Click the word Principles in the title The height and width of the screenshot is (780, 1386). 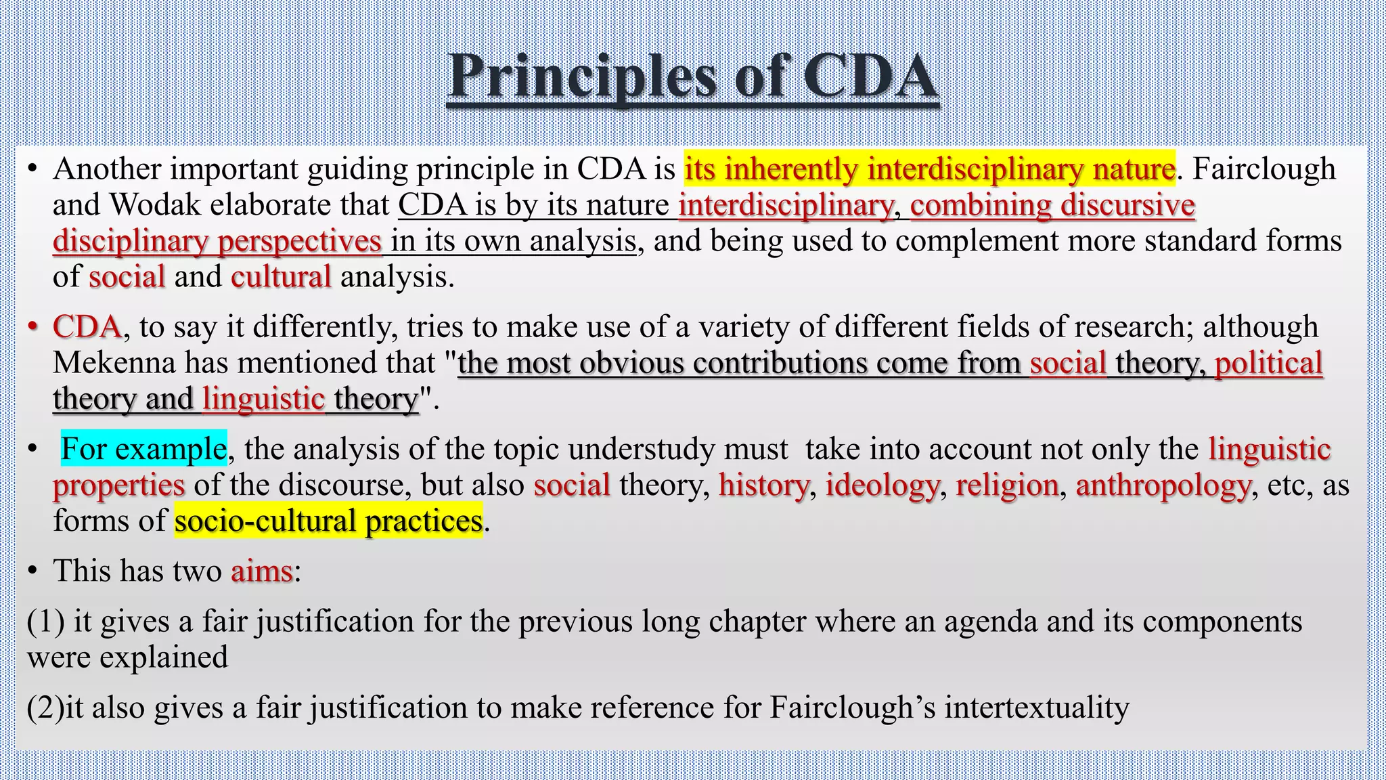(582, 77)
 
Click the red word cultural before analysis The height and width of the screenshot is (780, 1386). (281, 277)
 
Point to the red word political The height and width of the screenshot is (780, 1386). (1268, 363)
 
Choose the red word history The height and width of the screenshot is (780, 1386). (763, 485)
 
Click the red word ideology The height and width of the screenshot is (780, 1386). (882, 485)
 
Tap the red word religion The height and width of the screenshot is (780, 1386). (1007, 485)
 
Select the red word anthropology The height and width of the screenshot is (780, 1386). (1163, 485)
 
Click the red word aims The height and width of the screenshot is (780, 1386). (262, 571)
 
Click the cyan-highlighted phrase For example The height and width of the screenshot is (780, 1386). (143, 449)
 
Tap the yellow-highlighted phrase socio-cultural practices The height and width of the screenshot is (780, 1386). (328, 521)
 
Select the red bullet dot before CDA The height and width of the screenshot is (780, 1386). (32, 328)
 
